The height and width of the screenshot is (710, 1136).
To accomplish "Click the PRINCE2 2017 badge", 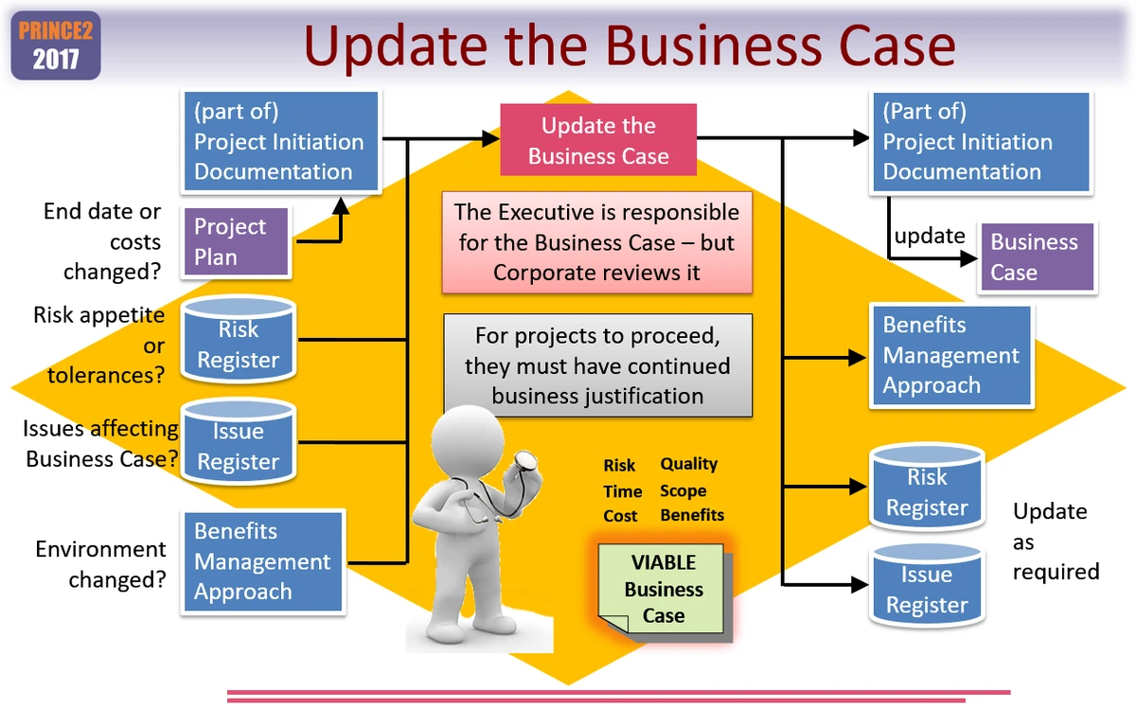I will pos(56,44).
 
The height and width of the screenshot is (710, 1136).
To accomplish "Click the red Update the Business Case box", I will pos(598,141).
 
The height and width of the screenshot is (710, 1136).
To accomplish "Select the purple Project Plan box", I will pos(237,242).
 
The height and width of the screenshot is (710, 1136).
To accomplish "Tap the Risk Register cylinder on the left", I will pos(238,340).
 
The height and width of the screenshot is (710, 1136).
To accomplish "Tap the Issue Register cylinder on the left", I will pos(238,443).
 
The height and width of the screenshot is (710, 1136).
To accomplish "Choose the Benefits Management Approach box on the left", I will pos(262,561).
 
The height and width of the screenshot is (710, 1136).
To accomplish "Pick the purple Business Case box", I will pos(1038,257).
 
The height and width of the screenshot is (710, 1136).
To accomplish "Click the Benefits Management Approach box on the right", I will pos(950,355).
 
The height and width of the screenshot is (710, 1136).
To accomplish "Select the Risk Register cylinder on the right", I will pos(927,489).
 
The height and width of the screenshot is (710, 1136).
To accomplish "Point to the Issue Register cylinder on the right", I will pos(927,587).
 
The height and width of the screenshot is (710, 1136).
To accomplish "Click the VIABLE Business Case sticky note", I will pos(663,589).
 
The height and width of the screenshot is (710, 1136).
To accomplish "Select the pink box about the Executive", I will pos(596,242).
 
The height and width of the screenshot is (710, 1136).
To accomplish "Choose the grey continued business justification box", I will pos(598,365).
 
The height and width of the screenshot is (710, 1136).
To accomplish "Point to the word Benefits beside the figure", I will pos(692,516).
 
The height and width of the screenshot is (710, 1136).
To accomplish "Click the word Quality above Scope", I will pos(689,464).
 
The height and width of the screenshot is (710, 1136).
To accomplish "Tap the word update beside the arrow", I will pos(930,236).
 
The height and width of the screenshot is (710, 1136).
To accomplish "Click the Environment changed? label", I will pos(100,564).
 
